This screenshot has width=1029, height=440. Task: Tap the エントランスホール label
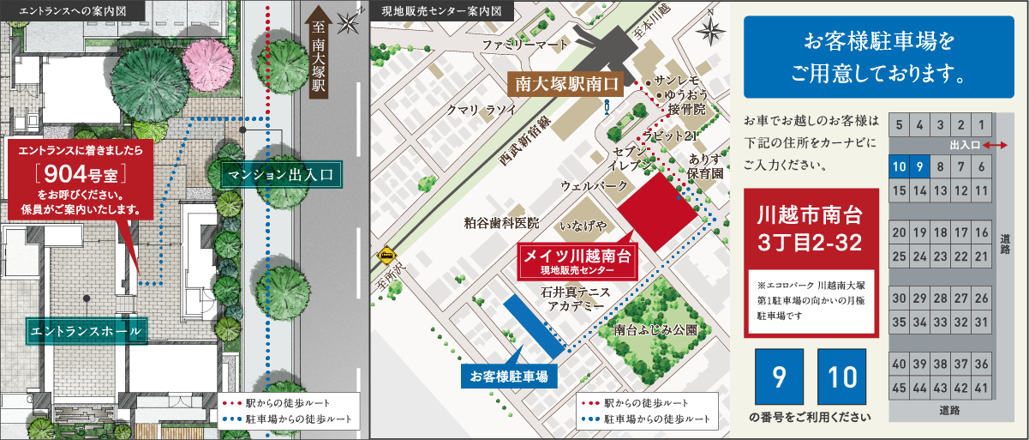(x=86, y=330)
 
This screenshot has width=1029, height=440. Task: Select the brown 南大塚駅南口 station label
(x=567, y=84)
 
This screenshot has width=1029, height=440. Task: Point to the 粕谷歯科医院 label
(x=501, y=223)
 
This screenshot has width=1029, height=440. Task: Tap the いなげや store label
(x=583, y=226)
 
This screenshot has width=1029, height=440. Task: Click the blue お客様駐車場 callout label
(x=509, y=375)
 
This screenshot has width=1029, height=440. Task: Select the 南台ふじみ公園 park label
(x=655, y=329)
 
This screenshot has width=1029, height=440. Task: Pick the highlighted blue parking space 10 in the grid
(x=899, y=168)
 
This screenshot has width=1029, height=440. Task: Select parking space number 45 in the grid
(x=899, y=389)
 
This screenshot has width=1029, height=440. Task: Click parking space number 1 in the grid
(x=982, y=124)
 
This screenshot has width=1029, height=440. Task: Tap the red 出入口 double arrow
(x=994, y=146)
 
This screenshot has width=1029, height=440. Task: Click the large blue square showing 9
(x=779, y=377)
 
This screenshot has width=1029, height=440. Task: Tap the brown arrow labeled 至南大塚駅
(x=318, y=64)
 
